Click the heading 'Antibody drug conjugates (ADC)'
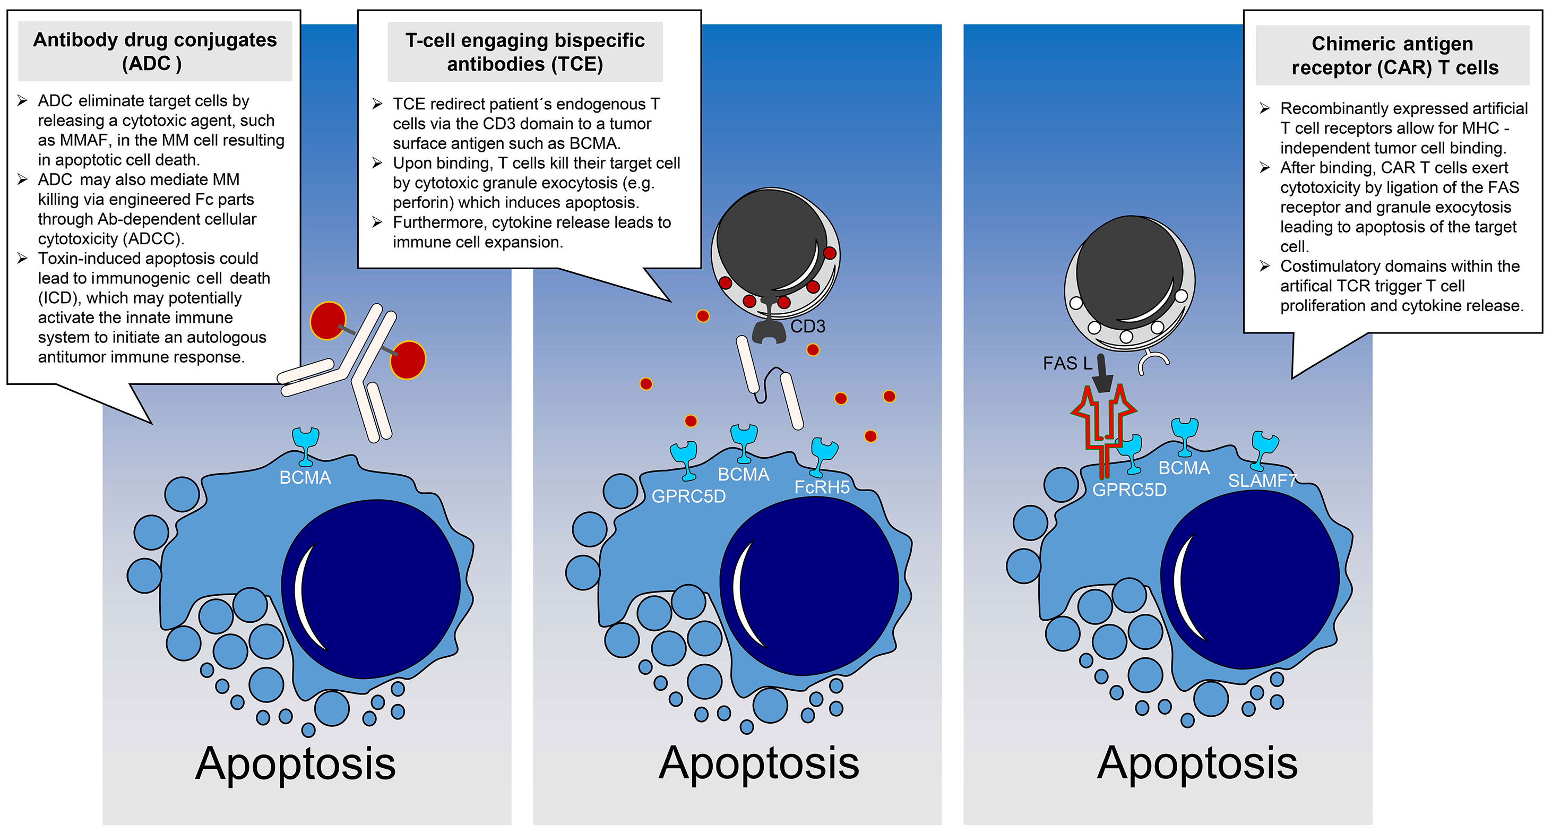pyautogui.click(x=155, y=51)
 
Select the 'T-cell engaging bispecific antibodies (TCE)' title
pyautogui.click(x=525, y=52)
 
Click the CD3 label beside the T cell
pyautogui.click(x=807, y=327)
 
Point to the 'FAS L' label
pyautogui.click(x=1067, y=363)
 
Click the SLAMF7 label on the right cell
pyautogui.click(x=1262, y=481)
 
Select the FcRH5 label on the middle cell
pyautogui.click(x=822, y=487)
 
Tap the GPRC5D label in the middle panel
pyautogui.click(x=688, y=496)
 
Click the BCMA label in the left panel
pyautogui.click(x=305, y=478)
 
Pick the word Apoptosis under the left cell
pyautogui.click(x=295, y=764)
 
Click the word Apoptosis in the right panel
pyautogui.click(x=1197, y=764)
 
